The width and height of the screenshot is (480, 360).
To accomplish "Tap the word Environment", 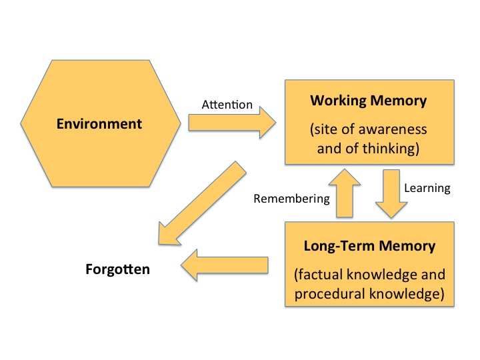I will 99,124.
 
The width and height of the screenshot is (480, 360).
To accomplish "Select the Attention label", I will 227,105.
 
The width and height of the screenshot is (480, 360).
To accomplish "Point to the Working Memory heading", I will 368,101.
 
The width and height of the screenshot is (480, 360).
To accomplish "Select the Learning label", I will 427,188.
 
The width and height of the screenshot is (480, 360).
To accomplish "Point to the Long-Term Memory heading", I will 369,246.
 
